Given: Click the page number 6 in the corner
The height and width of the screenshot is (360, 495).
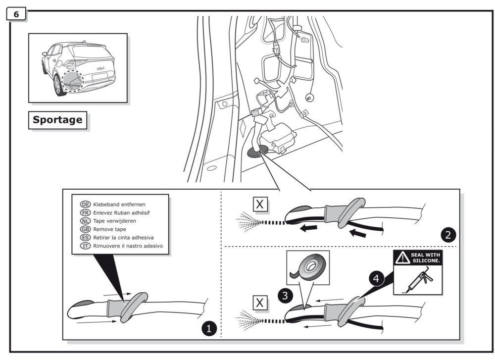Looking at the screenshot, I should click(16, 15).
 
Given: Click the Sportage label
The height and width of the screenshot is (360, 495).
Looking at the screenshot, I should click(57, 120).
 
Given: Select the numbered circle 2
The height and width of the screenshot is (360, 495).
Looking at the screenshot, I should click(448, 235).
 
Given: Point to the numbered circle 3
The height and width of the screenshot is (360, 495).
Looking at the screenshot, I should click(284, 297).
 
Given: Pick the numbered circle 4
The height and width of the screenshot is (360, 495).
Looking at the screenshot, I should click(377, 279).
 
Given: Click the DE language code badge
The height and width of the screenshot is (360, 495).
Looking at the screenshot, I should click(85, 204).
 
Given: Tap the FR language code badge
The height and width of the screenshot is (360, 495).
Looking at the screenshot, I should click(85, 212).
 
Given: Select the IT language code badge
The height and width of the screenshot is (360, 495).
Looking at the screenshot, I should click(85, 246).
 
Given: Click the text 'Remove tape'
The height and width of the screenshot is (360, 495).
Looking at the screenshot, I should click(109, 229).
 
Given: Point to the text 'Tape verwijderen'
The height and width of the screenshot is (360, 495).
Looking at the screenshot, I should click(114, 221).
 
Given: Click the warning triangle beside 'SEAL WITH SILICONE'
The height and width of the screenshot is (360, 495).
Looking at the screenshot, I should click(401, 258).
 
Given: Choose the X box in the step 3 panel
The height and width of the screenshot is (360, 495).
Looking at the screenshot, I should click(259, 302).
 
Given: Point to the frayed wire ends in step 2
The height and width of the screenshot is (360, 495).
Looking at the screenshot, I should click(252, 219).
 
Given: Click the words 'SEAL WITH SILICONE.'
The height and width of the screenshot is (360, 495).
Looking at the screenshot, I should click(424, 258).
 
